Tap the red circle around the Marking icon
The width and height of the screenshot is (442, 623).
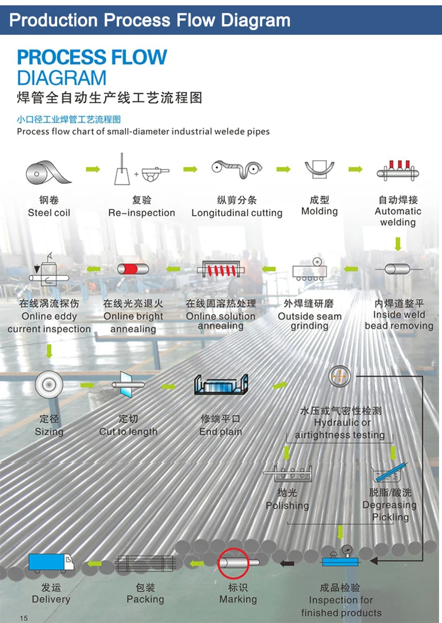click(233, 551)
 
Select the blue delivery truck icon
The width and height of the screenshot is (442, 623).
click(51, 563)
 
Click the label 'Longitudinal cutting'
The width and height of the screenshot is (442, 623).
click(237, 213)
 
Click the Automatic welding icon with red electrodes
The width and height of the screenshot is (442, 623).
click(398, 171)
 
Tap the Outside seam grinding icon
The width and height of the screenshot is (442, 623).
click(310, 269)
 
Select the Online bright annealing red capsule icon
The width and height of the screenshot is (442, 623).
click(133, 269)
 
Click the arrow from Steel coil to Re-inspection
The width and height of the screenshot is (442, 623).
click(93, 169)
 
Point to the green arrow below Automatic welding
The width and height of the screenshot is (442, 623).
click(398, 243)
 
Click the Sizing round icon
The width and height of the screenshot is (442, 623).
click(49, 385)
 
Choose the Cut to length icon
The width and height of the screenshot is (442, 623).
click(128, 384)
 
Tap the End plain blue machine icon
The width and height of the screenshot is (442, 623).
click(221, 385)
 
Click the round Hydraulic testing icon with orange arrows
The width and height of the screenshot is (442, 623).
click(339, 376)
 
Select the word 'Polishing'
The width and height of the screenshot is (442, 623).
click(287, 505)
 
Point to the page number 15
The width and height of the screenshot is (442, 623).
click(24, 618)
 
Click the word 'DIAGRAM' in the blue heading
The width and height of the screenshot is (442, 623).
click(61, 78)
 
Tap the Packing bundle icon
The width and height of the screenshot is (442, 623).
click(146, 563)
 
